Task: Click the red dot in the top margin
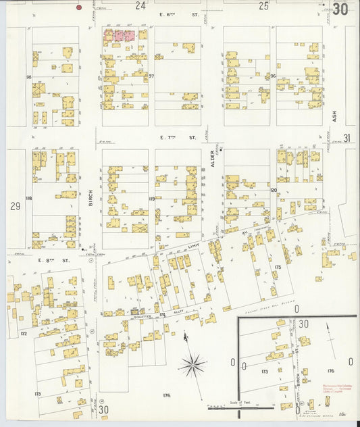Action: [79, 7]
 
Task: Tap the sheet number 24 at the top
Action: [140, 6]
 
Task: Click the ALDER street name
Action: [212, 165]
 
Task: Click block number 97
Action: [151, 76]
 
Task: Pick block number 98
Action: [29, 77]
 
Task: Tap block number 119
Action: [152, 199]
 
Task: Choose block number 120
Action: [274, 191]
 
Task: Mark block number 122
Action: [24, 334]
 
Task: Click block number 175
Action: [277, 268]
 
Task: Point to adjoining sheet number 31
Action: [346, 139]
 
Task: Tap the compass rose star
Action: [193, 365]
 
